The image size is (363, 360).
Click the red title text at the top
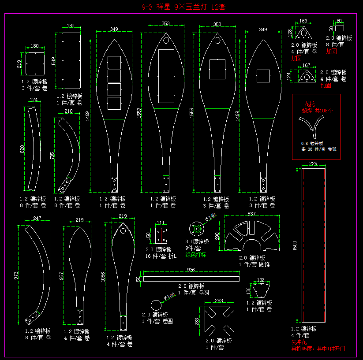tap(181, 7)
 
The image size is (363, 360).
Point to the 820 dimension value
tap(22, 149)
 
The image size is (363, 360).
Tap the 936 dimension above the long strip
tap(191, 270)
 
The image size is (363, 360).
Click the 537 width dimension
tap(251, 214)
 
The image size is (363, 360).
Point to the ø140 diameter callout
tap(211, 216)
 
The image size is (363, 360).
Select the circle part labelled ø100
tap(156, 305)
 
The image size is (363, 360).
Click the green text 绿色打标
tap(195, 255)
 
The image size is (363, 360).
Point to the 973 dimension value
tap(16, 276)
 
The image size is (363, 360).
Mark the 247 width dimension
tap(37, 219)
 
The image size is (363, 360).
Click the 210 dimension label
tap(68, 112)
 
